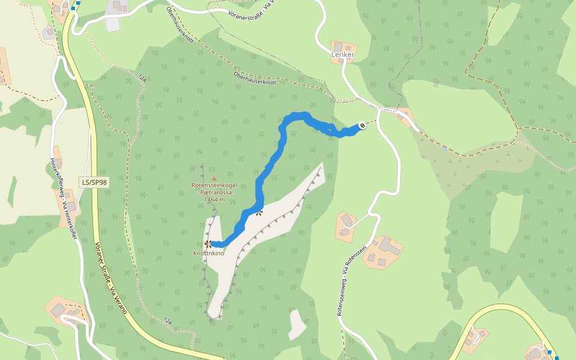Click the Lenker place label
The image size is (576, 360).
343,55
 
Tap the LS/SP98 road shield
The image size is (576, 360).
94,182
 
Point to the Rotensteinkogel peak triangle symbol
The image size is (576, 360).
214,178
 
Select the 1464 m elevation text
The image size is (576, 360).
214,199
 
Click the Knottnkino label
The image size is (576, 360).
208,253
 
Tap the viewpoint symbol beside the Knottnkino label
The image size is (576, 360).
208,244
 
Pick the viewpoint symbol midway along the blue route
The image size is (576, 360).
259,212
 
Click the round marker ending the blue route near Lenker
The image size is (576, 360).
362,125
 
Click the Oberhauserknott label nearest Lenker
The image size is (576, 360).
254,78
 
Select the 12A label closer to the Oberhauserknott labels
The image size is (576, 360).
142,78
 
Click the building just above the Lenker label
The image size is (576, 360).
343,47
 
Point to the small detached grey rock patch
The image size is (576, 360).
297,324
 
